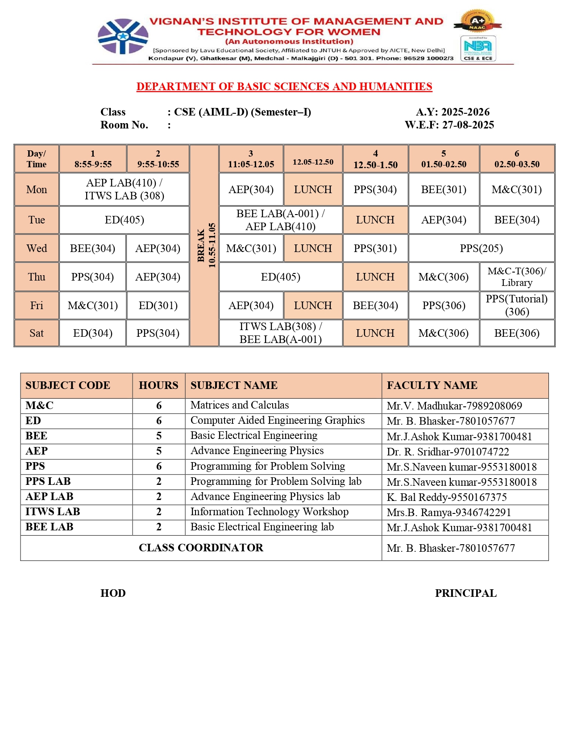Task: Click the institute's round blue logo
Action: [x=123, y=37]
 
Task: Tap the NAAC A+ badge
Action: [x=478, y=21]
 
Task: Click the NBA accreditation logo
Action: [x=478, y=48]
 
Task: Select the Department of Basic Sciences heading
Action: [x=284, y=87]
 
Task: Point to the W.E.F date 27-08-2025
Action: [x=449, y=125]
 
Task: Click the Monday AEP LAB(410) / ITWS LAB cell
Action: [x=124, y=190]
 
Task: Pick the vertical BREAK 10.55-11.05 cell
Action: [x=204, y=245]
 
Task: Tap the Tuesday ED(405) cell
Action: [x=124, y=220]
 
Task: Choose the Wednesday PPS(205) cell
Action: [x=481, y=248]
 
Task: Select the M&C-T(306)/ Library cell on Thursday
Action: [x=517, y=277]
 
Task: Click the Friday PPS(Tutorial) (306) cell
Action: [x=517, y=306]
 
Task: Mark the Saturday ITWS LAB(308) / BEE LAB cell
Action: [x=281, y=333]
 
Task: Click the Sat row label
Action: [x=37, y=333]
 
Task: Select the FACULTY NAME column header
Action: [x=432, y=385]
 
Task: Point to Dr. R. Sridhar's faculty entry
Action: [x=448, y=452]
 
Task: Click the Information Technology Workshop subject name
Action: [x=269, y=512]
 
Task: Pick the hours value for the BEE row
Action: [x=159, y=436]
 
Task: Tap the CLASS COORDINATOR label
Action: [x=201, y=548]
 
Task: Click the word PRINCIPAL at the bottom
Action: [x=465, y=593]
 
